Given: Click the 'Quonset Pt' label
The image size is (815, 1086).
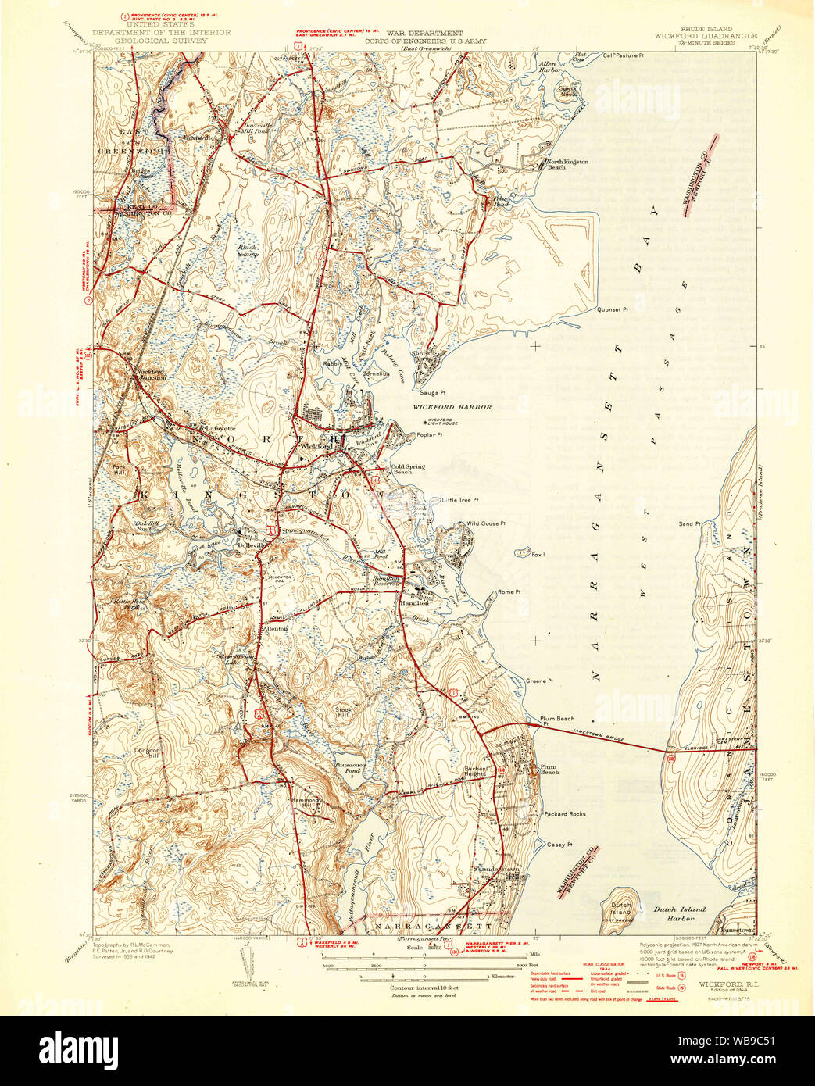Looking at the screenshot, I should pyautogui.click(x=613, y=309).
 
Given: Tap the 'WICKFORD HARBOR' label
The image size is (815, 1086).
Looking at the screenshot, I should pyautogui.click(x=452, y=407).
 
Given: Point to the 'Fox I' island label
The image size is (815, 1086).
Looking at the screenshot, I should pyautogui.click(x=538, y=555).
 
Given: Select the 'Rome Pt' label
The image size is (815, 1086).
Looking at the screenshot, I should pyautogui.click(x=508, y=592).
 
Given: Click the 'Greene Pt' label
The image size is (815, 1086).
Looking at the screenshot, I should pyautogui.click(x=539, y=681).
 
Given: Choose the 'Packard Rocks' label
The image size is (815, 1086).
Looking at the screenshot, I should pyautogui.click(x=565, y=814).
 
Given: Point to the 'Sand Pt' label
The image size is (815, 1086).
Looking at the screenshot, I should pyautogui.click(x=689, y=523).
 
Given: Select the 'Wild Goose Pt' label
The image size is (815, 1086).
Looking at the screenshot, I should pyautogui.click(x=486, y=523).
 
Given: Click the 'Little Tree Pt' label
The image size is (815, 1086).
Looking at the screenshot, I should pyautogui.click(x=459, y=500).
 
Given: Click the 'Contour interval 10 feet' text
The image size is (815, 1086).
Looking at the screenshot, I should pyautogui.click(x=424, y=988).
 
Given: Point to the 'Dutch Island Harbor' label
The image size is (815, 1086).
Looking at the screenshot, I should pyautogui.click(x=679, y=913).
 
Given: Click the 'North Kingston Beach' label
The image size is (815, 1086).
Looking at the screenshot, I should pyautogui.click(x=567, y=164).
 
